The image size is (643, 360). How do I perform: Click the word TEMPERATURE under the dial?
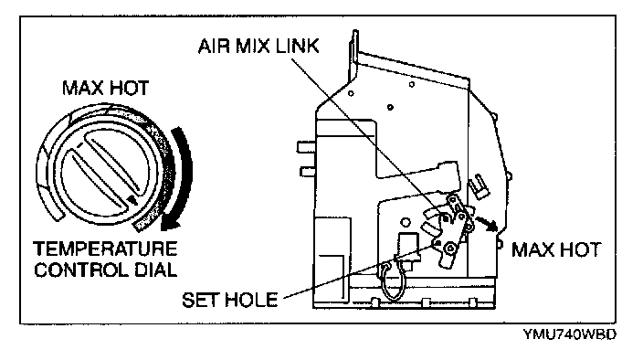(105, 249)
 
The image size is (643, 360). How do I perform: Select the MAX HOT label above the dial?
(105, 88)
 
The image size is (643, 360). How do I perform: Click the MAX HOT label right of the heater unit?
(555, 249)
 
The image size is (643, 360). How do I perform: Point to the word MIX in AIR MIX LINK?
(253, 46)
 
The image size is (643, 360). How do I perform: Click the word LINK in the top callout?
(297, 46)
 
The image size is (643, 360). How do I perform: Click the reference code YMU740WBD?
(569, 334)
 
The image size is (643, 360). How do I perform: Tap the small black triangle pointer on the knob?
(132, 199)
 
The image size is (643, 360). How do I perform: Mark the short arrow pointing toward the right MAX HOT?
(486, 222)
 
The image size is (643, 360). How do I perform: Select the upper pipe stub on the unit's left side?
(306, 147)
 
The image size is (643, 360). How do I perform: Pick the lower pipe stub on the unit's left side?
(308, 172)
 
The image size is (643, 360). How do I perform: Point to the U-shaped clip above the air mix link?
(479, 185)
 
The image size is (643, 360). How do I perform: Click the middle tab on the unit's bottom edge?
(426, 303)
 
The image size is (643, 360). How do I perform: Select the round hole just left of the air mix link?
(406, 223)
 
